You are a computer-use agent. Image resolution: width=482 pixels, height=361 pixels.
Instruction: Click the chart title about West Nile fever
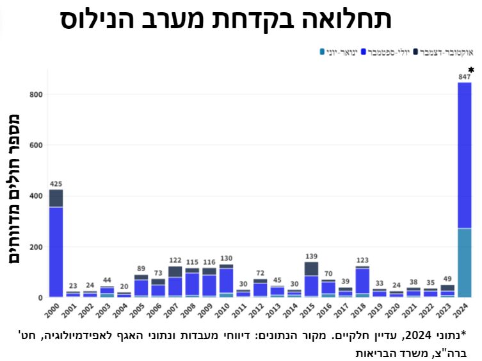(x=226, y=19)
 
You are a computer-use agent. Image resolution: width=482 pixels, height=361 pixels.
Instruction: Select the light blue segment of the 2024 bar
(x=465, y=262)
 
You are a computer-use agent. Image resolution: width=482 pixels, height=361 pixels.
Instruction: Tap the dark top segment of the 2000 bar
(x=56, y=198)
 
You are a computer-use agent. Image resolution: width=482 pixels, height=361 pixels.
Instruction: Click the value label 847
(x=465, y=77)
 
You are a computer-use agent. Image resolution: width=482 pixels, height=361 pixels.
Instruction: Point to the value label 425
(x=56, y=184)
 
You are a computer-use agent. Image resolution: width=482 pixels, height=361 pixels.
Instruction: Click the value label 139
(x=311, y=256)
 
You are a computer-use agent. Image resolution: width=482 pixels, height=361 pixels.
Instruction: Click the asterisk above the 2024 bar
(x=471, y=70)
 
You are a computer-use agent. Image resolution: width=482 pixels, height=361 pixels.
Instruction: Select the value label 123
(x=362, y=261)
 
